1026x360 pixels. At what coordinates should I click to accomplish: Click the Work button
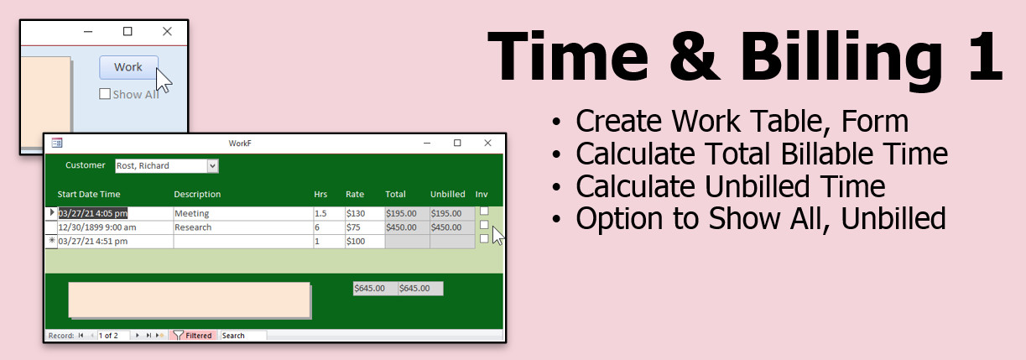[x=128, y=67]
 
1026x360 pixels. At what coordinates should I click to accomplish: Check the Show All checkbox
[x=105, y=94]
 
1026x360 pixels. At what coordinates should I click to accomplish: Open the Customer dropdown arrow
[x=212, y=166]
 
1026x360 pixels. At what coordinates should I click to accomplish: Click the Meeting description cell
[x=243, y=213]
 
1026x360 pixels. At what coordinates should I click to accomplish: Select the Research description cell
[x=243, y=227]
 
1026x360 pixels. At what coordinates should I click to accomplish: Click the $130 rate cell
[x=365, y=213]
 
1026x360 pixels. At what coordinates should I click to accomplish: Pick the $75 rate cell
[x=365, y=227]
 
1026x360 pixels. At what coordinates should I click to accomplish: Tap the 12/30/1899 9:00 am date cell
[x=115, y=227]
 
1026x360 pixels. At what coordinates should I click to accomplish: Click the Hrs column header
[x=320, y=194]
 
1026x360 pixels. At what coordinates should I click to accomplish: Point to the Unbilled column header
[x=447, y=194]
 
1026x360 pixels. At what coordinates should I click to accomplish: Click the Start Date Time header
[x=89, y=194]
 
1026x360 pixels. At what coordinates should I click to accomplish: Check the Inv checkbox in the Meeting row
[x=484, y=211]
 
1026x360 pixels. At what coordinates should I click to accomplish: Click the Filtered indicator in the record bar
[x=193, y=336]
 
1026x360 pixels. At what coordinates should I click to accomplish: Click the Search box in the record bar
[x=243, y=336]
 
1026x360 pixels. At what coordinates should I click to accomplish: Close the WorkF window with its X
[x=487, y=143]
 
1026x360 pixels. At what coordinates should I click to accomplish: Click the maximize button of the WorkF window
[x=457, y=143]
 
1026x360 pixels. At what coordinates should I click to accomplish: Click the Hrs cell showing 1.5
[x=329, y=213]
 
